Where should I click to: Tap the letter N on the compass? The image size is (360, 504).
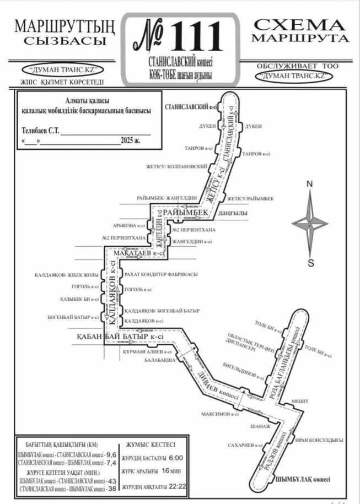click(310, 184)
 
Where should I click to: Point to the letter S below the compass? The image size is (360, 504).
click(310, 263)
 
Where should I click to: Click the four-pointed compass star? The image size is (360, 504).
click(310, 223)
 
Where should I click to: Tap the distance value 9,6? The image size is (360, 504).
click(111, 455)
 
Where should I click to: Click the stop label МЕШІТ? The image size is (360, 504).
click(300, 400)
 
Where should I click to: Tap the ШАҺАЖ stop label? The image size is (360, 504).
click(260, 426)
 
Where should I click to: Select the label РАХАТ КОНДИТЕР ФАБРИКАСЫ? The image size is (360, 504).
click(161, 274)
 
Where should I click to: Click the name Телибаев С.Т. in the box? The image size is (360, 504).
click(40, 131)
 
